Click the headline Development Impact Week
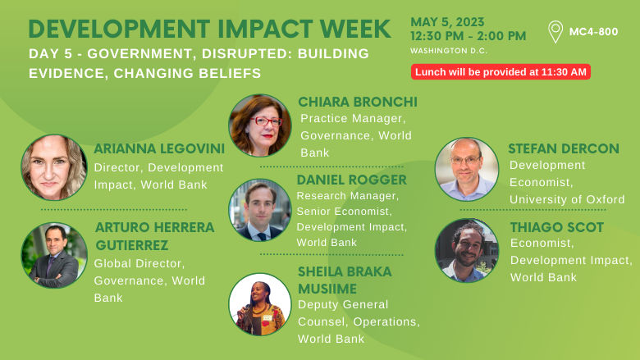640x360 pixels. click(x=209, y=29)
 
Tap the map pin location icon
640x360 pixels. click(x=555, y=32)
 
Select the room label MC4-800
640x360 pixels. click(x=594, y=33)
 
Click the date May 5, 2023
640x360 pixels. click(x=447, y=21)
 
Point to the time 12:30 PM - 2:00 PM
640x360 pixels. click(x=468, y=36)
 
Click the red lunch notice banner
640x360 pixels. click(x=501, y=72)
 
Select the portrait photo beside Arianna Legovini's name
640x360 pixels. click(x=54, y=167)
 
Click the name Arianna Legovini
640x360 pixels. click(x=155, y=148)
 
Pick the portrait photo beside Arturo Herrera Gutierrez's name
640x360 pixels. click(x=54, y=255)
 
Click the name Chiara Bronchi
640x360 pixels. click(x=358, y=102)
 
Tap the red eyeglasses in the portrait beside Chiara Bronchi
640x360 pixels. click(x=265, y=121)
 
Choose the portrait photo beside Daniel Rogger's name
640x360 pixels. click(x=260, y=210)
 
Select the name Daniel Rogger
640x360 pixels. click(x=351, y=180)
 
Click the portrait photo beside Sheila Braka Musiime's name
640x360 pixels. click(x=260, y=304)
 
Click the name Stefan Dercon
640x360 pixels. click(x=563, y=148)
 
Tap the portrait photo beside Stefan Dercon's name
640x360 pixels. click(x=466, y=169)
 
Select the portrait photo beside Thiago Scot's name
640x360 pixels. click(x=466, y=250)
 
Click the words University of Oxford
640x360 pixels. click(x=567, y=199)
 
